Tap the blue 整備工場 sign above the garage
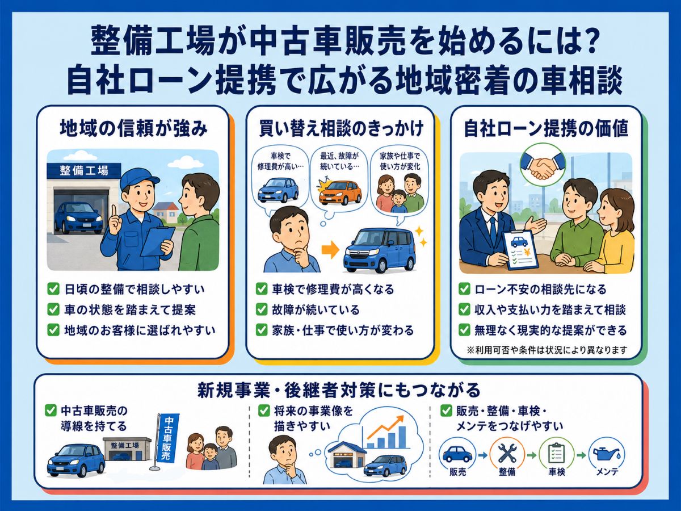point(84,171)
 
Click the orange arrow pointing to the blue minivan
point(330,250)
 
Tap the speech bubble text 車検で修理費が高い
point(280,162)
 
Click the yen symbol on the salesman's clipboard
point(527,252)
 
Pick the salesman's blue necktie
point(493,231)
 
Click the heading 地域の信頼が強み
point(133,129)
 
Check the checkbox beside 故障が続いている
point(262,309)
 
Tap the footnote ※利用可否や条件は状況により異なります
point(547,350)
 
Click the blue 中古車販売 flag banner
point(167,438)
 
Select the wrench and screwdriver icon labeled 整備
point(507,454)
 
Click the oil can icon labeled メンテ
point(607,454)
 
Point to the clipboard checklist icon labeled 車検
point(556,454)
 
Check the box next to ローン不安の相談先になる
point(464,289)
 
